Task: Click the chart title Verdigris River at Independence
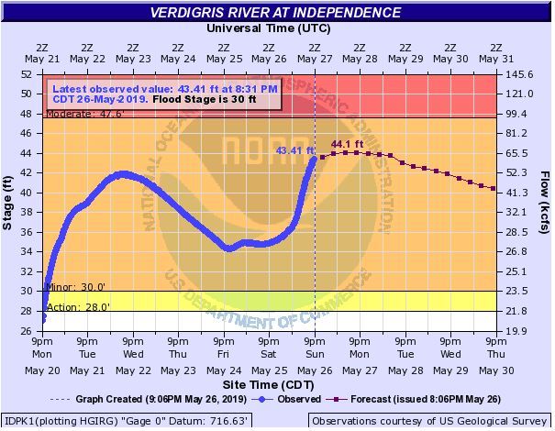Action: pos(277,13)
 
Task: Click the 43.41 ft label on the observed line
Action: pos(294,150)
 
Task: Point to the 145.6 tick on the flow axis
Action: pos(518,74)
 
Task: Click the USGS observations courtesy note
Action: pos(430,421)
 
